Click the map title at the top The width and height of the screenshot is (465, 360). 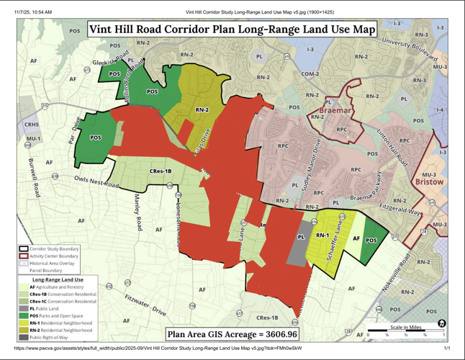[x=232, y=30]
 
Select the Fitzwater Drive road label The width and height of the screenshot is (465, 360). [x=145, y=303]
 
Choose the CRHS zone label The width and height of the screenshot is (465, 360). [x=32, y=125]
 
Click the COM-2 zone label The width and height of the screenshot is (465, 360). [x=310, y=74]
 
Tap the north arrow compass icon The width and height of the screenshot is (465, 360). [x=441, y=323]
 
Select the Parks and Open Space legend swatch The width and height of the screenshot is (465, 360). [x=24, y=315]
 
